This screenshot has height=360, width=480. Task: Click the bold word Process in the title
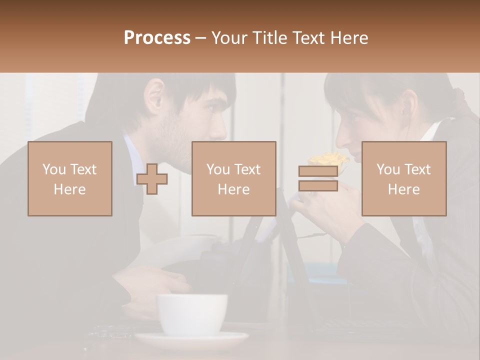[x=157, y=38]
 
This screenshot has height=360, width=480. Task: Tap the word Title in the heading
[x=269, y=38]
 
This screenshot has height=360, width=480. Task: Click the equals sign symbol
[x=318, y=179]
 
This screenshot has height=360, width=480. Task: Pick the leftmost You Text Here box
[x=70, y=178]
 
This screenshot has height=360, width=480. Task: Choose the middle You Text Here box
[x=233, y=178]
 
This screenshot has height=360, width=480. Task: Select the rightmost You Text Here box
[x=403, y=178]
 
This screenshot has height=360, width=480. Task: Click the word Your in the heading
[x=229, y=38]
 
